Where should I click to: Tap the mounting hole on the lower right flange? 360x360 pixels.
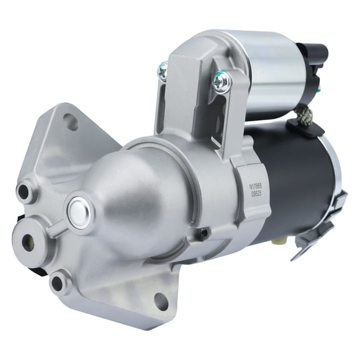click(x=161, y=301)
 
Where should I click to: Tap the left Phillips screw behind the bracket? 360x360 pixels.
click(x=164, y=71)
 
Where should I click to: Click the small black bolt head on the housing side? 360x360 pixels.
click(x=203, y=233)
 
